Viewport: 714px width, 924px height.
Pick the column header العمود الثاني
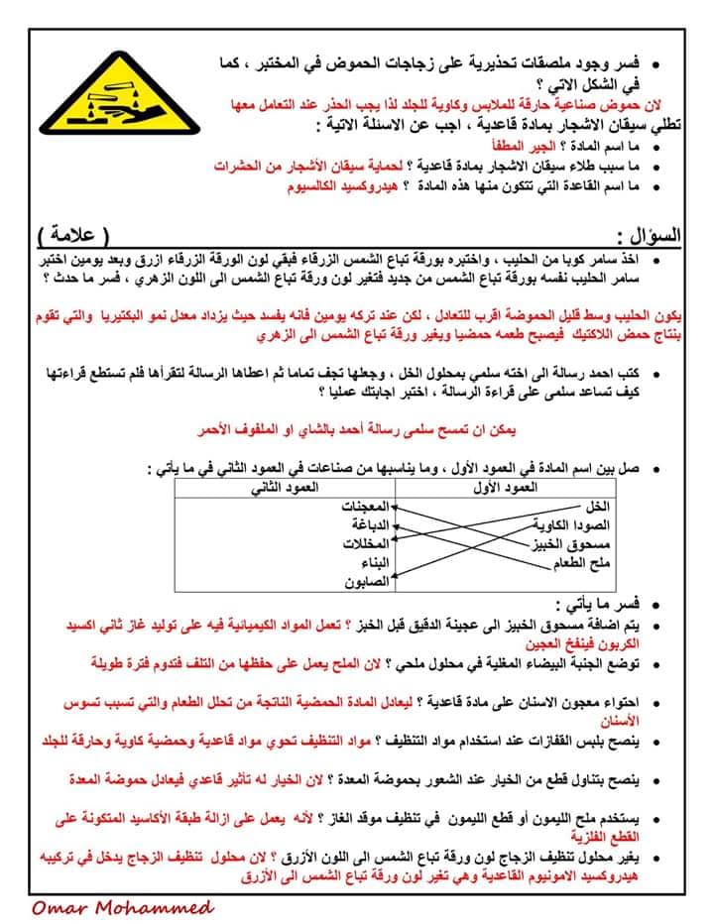[285, 489]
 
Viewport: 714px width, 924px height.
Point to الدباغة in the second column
[369, 524]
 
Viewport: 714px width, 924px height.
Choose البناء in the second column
[371, 562]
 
